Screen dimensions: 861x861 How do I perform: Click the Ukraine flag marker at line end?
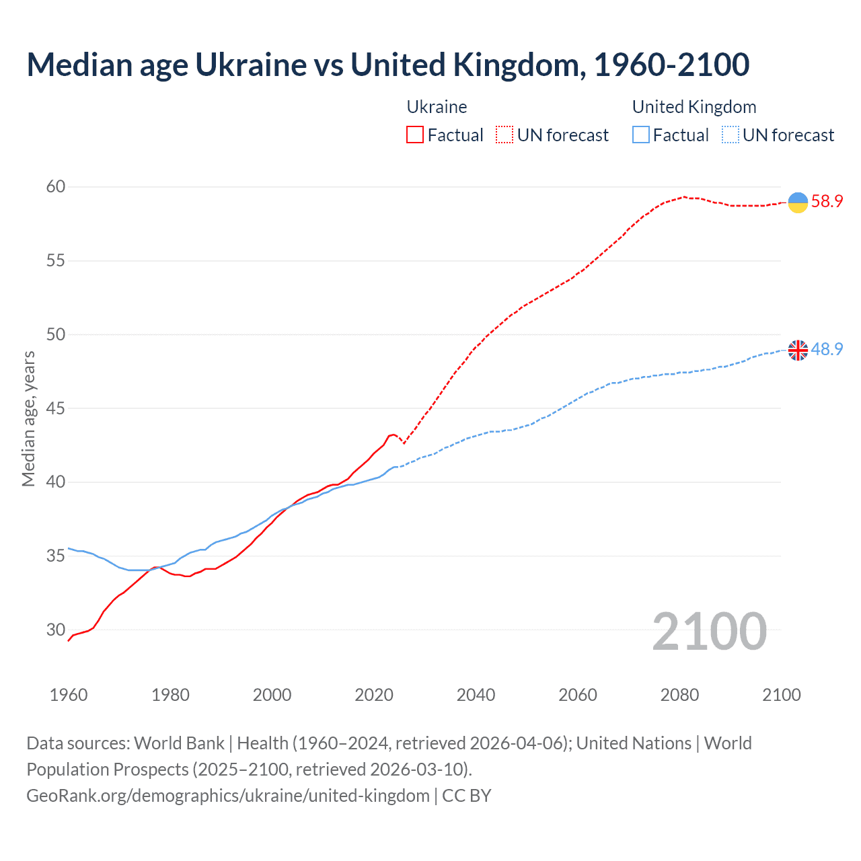(798, 202)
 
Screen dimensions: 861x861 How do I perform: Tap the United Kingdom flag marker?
(798, 350)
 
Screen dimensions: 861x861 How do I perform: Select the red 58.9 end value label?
(827, 201)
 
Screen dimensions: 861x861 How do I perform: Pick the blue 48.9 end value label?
(827, 349)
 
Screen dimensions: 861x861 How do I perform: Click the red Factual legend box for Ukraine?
(415, 135)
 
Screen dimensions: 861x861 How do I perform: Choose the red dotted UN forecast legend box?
(504, 135)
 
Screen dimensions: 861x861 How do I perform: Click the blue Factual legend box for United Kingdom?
(641, 135)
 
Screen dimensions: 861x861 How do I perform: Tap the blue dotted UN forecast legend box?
(731, 135)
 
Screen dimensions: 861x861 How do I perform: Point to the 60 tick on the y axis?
(55, 186)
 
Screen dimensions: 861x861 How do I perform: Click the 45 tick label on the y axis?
(55, 408)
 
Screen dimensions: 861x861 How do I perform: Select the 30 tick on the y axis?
(55, 630)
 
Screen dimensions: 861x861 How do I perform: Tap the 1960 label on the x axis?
(69, 695)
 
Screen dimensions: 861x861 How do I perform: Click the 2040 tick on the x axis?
(476, 695)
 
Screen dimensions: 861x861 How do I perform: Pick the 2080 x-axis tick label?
(679, 695)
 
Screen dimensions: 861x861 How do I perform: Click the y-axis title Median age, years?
(28, 418)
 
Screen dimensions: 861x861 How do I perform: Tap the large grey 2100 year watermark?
(709, 632)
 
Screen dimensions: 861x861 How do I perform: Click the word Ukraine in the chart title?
(251, 65)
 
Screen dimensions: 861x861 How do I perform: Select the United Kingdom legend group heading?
(694, 107)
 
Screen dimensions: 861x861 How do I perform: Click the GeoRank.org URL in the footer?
(227, 796)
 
